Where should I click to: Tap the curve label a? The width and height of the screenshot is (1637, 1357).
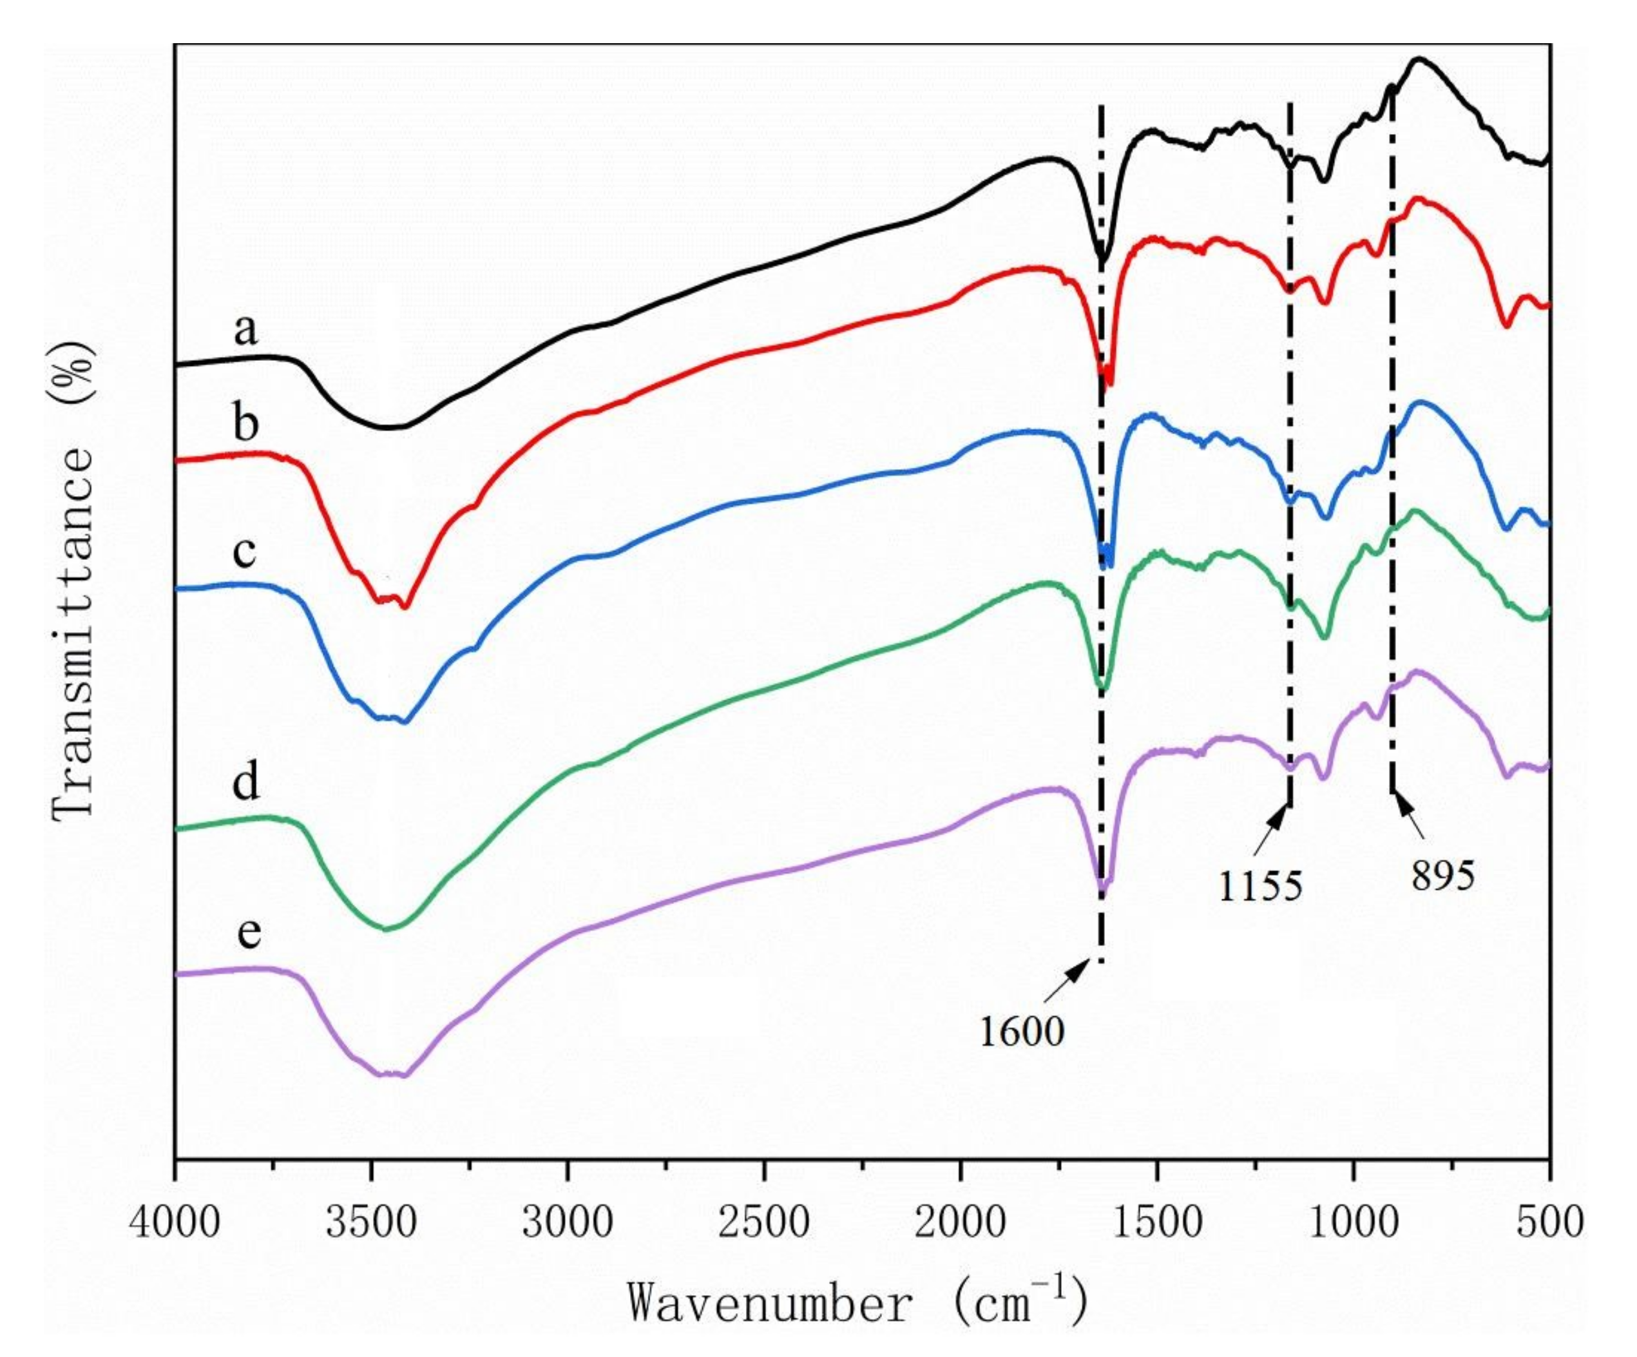(x=245, y=329)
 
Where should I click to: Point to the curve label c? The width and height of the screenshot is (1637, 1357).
(x=244, y=552)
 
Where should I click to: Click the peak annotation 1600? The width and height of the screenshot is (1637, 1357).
(x=1021, y=1032)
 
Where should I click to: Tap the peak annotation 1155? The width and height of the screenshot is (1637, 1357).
(x=1261, y=886)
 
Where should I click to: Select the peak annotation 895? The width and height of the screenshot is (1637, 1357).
(x=1443, y=876)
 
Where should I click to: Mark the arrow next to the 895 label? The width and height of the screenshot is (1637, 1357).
(x=1410, y=816)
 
